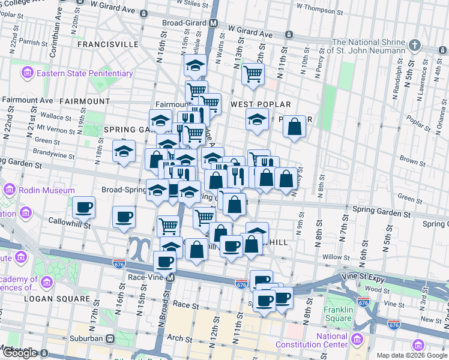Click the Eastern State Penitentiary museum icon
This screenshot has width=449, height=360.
point(27,74)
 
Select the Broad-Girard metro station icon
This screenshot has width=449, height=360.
point(213,23)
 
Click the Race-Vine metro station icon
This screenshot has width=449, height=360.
point(171,278)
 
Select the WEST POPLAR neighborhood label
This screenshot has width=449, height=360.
point(261,104)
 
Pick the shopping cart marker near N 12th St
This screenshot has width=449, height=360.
point(253,74)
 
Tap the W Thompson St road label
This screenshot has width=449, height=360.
point(323,8)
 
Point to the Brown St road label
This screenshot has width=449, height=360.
point(412,161)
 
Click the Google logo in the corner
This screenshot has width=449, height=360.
point(20,353)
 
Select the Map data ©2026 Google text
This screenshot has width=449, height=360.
point(411,355)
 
